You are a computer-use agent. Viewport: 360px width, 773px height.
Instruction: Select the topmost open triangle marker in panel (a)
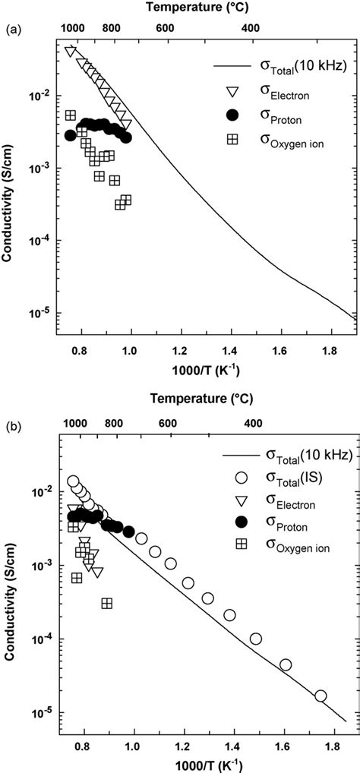click(71, 52)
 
